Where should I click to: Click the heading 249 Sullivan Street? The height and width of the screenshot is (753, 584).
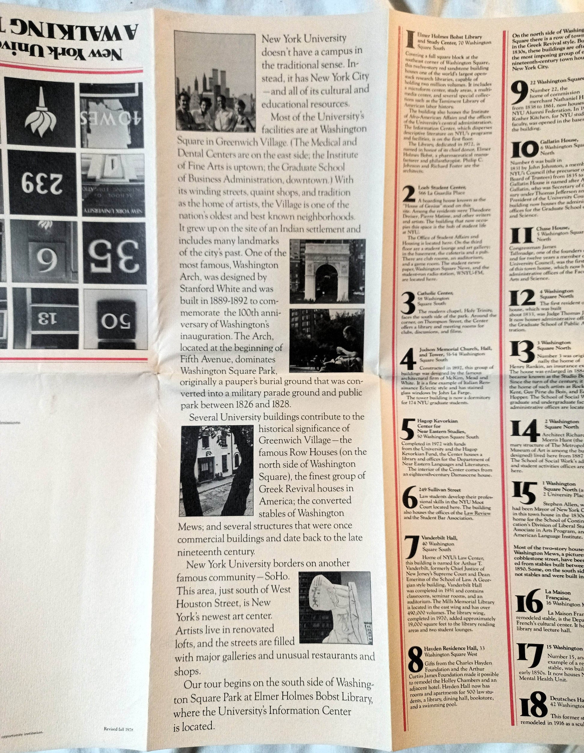click(x=437, y=489)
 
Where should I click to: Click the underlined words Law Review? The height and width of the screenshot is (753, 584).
click(x=477, y=513)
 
